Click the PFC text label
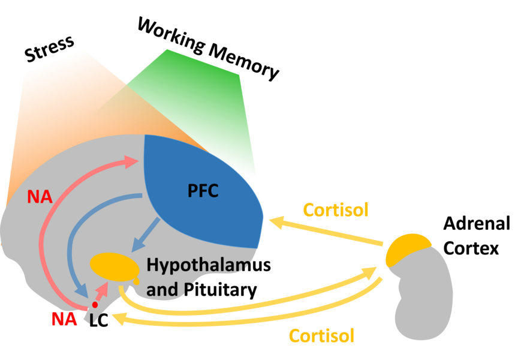point(202,191)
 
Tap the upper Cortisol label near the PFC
point(335,210)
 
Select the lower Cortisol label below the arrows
point(321,335)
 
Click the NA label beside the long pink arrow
point(39,197)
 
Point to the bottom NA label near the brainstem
point(64,319)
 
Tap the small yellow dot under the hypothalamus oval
point(137,281)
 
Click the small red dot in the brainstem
point(95,305)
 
